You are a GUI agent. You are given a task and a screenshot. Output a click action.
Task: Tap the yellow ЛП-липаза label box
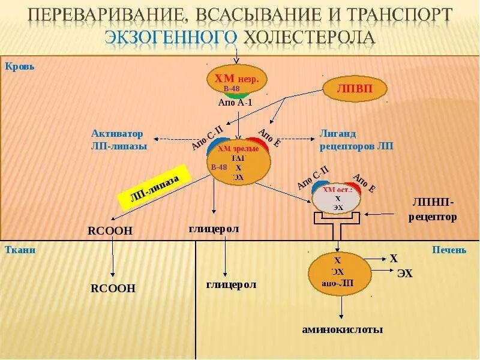tap(155, 188)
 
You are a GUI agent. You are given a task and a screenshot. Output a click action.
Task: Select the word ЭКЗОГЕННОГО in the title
tap(172, 37)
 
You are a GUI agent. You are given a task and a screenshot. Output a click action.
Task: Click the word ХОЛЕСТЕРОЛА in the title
tap(309, 37)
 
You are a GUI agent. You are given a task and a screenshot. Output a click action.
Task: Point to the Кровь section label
tap(20, 67)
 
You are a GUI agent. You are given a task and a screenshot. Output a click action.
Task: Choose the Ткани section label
tap(20, 250)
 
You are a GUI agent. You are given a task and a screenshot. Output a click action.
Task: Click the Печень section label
tap(449, 250)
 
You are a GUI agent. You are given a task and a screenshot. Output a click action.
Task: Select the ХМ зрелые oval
tap(239, 160)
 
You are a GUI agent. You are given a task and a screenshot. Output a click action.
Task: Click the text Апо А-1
tap(235, 103)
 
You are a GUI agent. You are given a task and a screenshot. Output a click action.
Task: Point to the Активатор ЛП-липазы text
tap(119, 139)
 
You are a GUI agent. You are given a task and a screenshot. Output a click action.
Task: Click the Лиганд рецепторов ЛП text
tap(356, 139)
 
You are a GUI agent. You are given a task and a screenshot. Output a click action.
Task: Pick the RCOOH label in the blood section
tap(110, 231)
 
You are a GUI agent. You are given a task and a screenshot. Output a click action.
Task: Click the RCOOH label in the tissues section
tap(113, 289)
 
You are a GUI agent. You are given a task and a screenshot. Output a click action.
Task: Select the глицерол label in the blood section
tap(214, 229)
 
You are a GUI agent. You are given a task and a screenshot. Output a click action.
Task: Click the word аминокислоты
tap(342, 329)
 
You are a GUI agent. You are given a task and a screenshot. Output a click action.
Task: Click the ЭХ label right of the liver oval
tap(405, 274)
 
